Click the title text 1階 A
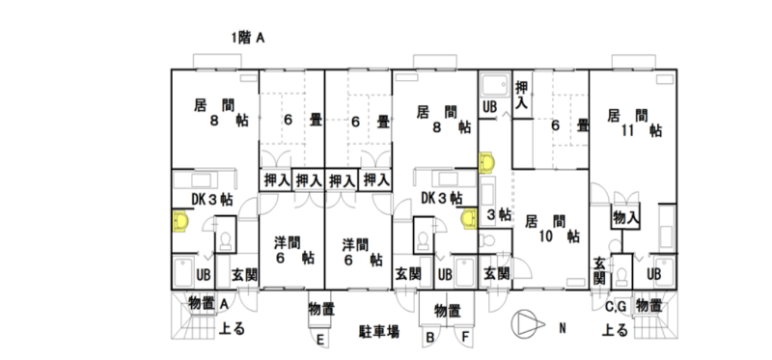(248, 38)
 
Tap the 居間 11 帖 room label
(634, 124)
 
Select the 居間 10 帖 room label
(551, 229)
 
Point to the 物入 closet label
(625, 217)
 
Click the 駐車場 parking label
(378, 331)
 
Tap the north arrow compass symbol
(528, 324)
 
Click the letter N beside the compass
(563, 328)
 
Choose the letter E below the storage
(320, 340)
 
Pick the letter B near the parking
(429, 338)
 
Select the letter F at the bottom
(466, 338)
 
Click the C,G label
(616, 307)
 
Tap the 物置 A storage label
(207, 304)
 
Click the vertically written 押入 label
(521, 96)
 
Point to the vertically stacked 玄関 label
(599, 271)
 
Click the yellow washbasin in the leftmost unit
(180, 221)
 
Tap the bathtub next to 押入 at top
(495, 86)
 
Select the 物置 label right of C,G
(648, 305)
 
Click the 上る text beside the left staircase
(232, 328)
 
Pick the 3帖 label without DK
(498, 214)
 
